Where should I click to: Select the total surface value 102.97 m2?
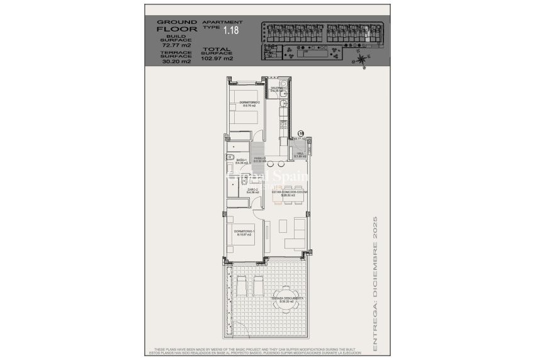pos(217,59)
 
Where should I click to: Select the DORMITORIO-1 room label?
pos(245,233)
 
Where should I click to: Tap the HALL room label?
pos(300,155)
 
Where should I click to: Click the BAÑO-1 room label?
pos(242,161)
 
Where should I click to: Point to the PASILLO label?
pos(259,160)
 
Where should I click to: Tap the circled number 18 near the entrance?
pos(301,133)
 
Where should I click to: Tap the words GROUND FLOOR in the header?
pos(177,25)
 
